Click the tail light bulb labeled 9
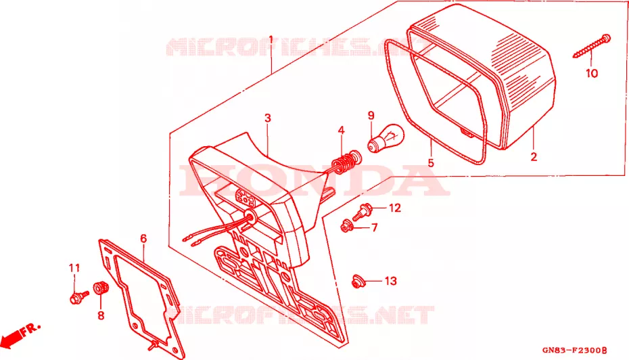tap(385, 138)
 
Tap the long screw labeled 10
tap(592, 46)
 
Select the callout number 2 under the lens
tap(534, 156)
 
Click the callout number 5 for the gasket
tap(431, 163)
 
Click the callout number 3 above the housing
tap(268, 118)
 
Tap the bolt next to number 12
tap(362, 212)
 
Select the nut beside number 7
tap(346, 227)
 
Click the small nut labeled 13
tap(357, 282)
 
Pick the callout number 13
tap(390, 281)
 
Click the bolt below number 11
tap(79, 297)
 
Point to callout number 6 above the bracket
tap(143, 239)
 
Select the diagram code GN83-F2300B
tap(574, 351)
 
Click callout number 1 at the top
tap(271, 40)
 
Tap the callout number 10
tap(592, 73)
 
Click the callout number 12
tap(395, 208)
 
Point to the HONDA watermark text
tap(314, 180)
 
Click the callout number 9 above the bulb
tap(371, 116)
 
